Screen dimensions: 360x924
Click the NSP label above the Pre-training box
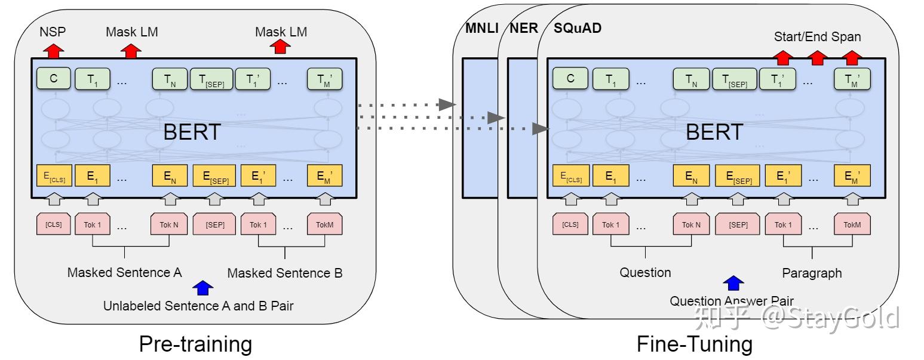pyautogui.click(x=53, y=32)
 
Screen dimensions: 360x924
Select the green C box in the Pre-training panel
pyautogui.click(x=53, y=78)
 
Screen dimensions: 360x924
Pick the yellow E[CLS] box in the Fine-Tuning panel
pyautogui.click(x=570, y=176)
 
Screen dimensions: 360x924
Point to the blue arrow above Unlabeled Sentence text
pyautogui.click(x=204, y=288)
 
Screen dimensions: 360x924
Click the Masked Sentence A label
pyautogui.click(x=124, y=273)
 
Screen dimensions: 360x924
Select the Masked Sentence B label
pyautogui.click(x=285, y=273)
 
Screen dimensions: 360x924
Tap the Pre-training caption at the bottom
pyautogui.click(x=195, y=344)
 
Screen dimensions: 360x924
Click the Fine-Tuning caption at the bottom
pyautogui.click(x=694, y=344)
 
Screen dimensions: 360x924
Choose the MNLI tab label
pyautogui.click(x=481, y=28)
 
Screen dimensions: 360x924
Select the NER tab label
pyautogui.click(x=524, y=28)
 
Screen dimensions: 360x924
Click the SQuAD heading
pyautogui.click(x=578, y=28)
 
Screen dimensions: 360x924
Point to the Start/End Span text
pyautogui.click(x=817, y=36)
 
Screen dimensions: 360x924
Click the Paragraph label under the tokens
pyautogui.click(x=812, y=273)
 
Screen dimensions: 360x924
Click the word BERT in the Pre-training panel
pyautogui.click(x=192, y=132)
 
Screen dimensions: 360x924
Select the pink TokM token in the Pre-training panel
pyautogui.click(x=325, y=224)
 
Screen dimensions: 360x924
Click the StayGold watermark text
pyautogui.click(x=830, y=318)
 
